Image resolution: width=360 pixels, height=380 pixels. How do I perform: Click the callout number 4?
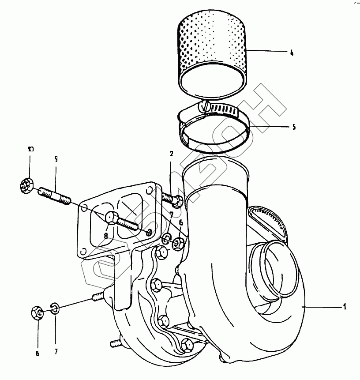[x=292, y=53]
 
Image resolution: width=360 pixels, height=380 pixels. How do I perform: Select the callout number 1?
[x=345, y=306]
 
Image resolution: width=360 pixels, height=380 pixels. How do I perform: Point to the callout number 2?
[x=172, y=154]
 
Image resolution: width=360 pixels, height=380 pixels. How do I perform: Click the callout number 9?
[x=56, y=158]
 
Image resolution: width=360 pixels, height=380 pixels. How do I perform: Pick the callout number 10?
[x=30, y=149]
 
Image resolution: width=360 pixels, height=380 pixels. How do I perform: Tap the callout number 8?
[x=106, y=236]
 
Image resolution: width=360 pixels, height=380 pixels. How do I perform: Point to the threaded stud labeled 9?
[x=55, y=196]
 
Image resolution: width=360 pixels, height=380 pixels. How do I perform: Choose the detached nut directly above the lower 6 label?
[x=38, y=313]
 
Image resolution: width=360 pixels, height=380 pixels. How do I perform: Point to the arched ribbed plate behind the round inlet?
[x=268, y=221]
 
